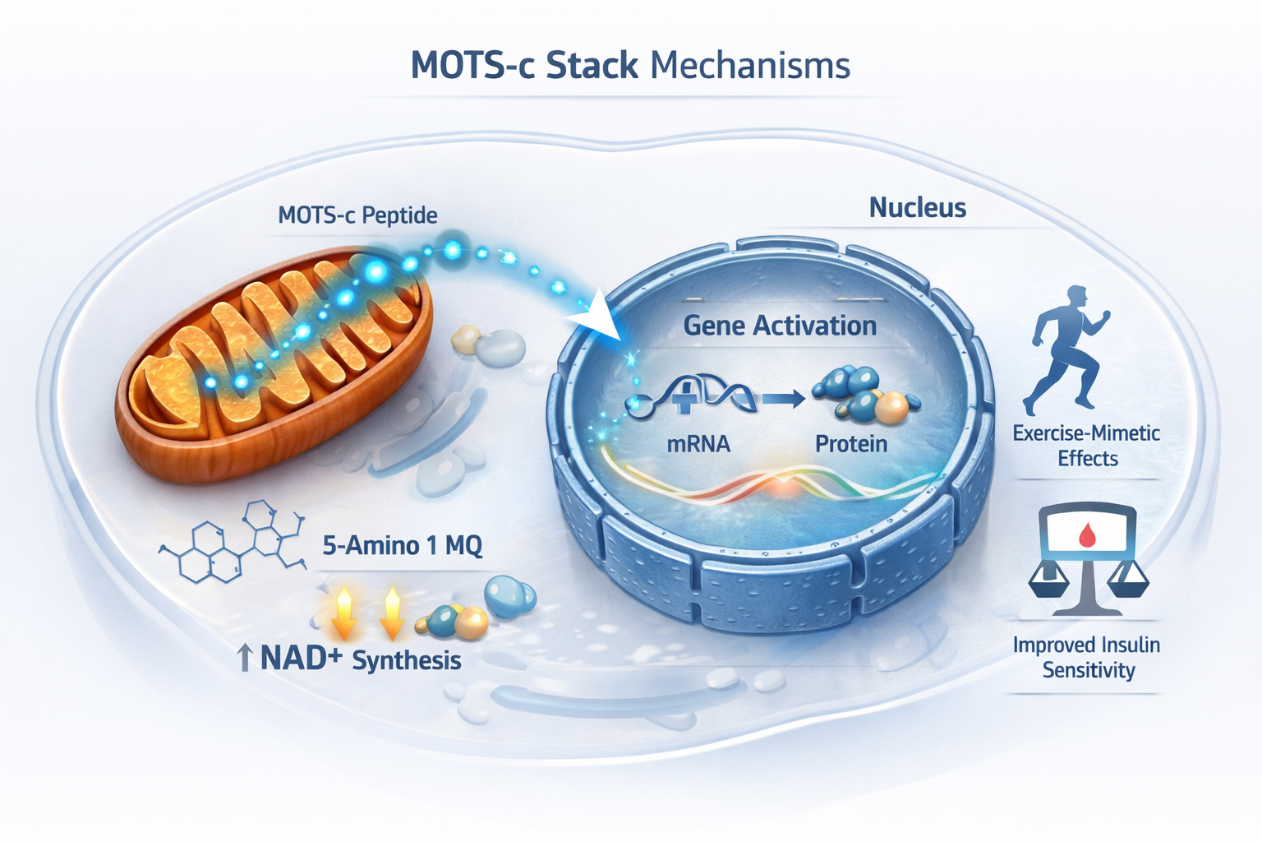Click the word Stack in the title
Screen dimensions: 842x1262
pos(592,66)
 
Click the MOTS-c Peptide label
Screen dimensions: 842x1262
pos(357,215)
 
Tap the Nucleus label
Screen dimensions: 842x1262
pos(917,207)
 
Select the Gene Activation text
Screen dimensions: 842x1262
pos(780,326)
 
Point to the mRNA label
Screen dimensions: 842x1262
pos(698,444)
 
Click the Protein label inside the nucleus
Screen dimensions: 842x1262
pos(851,444)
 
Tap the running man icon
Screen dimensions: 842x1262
pos(1068,349)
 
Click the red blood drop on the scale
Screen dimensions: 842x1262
pos(1088,536)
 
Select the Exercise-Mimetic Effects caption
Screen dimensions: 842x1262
pos(1086,446)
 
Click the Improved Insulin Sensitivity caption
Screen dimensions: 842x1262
pos(1087,657)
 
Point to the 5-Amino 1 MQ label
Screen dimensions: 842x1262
pos(402,545)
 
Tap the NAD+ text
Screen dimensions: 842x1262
pos(300,659)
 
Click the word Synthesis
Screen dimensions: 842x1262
pos(407,661)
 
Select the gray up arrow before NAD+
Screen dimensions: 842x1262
pos(244,659)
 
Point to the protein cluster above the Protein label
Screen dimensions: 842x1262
pos(863,394)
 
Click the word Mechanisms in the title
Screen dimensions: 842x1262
pos(750,66)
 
